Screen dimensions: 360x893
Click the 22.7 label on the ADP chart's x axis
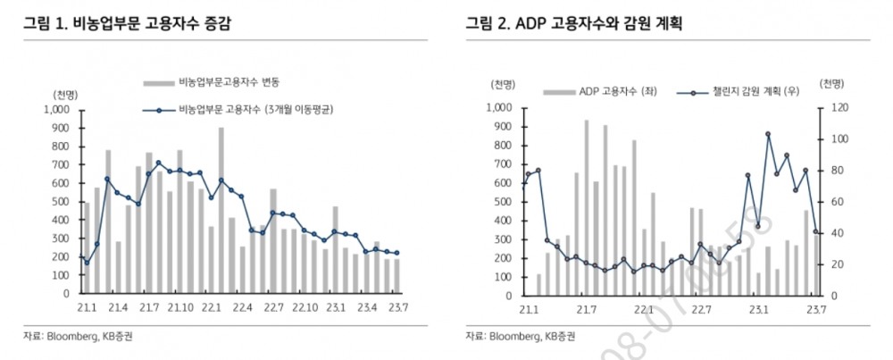[x=702, y=310]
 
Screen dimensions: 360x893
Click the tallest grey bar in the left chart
[x=221, y=211]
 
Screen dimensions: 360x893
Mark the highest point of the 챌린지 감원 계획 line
[x=768, y=134]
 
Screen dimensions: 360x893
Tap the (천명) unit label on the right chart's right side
[x=832, y=86]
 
